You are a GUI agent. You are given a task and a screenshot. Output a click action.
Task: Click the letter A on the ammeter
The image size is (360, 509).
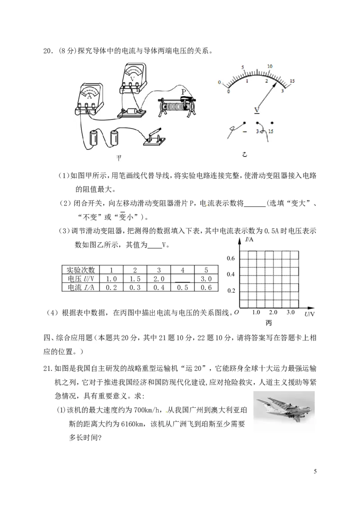(90, 96)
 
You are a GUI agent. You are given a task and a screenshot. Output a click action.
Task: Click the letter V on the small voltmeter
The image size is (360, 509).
(132, 78)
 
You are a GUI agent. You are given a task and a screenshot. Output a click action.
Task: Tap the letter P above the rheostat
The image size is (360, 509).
(183, 92)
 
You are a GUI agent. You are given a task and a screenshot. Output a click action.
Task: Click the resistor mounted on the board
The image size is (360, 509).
(133, 112)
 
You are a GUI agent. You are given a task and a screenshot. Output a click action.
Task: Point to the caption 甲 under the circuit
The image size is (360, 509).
(119, 157)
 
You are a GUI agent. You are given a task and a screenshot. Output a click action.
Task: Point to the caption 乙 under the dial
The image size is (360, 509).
(245, 155)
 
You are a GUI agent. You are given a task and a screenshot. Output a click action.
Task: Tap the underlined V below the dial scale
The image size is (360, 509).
(257, 109)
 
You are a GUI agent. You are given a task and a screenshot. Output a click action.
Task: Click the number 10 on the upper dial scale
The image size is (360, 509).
(270, 66)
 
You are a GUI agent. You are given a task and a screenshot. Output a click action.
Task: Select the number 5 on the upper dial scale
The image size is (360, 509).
(243, 67)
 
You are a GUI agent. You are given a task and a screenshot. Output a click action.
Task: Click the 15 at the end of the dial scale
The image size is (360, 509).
(292, 81)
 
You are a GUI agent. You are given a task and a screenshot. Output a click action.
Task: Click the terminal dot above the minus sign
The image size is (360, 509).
(244, 123)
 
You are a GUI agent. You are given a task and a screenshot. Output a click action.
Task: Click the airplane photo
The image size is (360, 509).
(284, 409)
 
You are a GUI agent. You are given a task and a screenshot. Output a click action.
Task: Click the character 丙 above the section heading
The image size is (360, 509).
(269, 323)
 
